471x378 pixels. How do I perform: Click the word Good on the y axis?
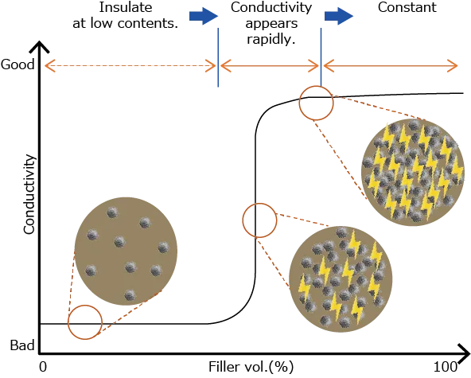pyautogui.click(x=18, y=64)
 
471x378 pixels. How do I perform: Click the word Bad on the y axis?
pyautogui.click(x=22, y=345)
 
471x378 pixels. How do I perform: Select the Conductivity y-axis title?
pyautogui.click(x=29, y=195)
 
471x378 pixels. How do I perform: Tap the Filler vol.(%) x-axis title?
pyautogui.click(x=251, y=367)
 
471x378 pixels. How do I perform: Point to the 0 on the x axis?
pyautogui.click(x=43, y=367)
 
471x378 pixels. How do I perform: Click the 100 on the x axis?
pyautogui.click(x=446, y=367)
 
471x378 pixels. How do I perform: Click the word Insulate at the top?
pyautogui.click(x=126, y=7)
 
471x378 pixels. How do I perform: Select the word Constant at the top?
pyautogui.click(x=407, y=7)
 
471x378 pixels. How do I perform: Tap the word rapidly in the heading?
pyautogui.click(x=271, y=39)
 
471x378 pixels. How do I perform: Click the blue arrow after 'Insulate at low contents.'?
pyautogui.click(x=204, y=16)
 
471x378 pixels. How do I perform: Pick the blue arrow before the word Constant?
pyautogui.click(x=339, y=16)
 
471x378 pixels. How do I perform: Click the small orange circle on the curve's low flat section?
pyautogui.click(x=68, y=322)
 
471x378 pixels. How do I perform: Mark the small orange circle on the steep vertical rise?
pyautogui.click(x=243, y=220)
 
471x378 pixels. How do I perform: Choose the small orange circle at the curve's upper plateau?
pyautogui.click(x=299, y=103)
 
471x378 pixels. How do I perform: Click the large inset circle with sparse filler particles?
pyautogui.click(x=126, y=251)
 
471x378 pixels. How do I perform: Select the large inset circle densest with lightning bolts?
pyautogui.click(x=414, y=172)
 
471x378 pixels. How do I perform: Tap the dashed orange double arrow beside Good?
pyautogui.click(x=130, y=66)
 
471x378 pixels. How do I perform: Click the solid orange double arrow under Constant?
pyautogui.click(x=391, y=66)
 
